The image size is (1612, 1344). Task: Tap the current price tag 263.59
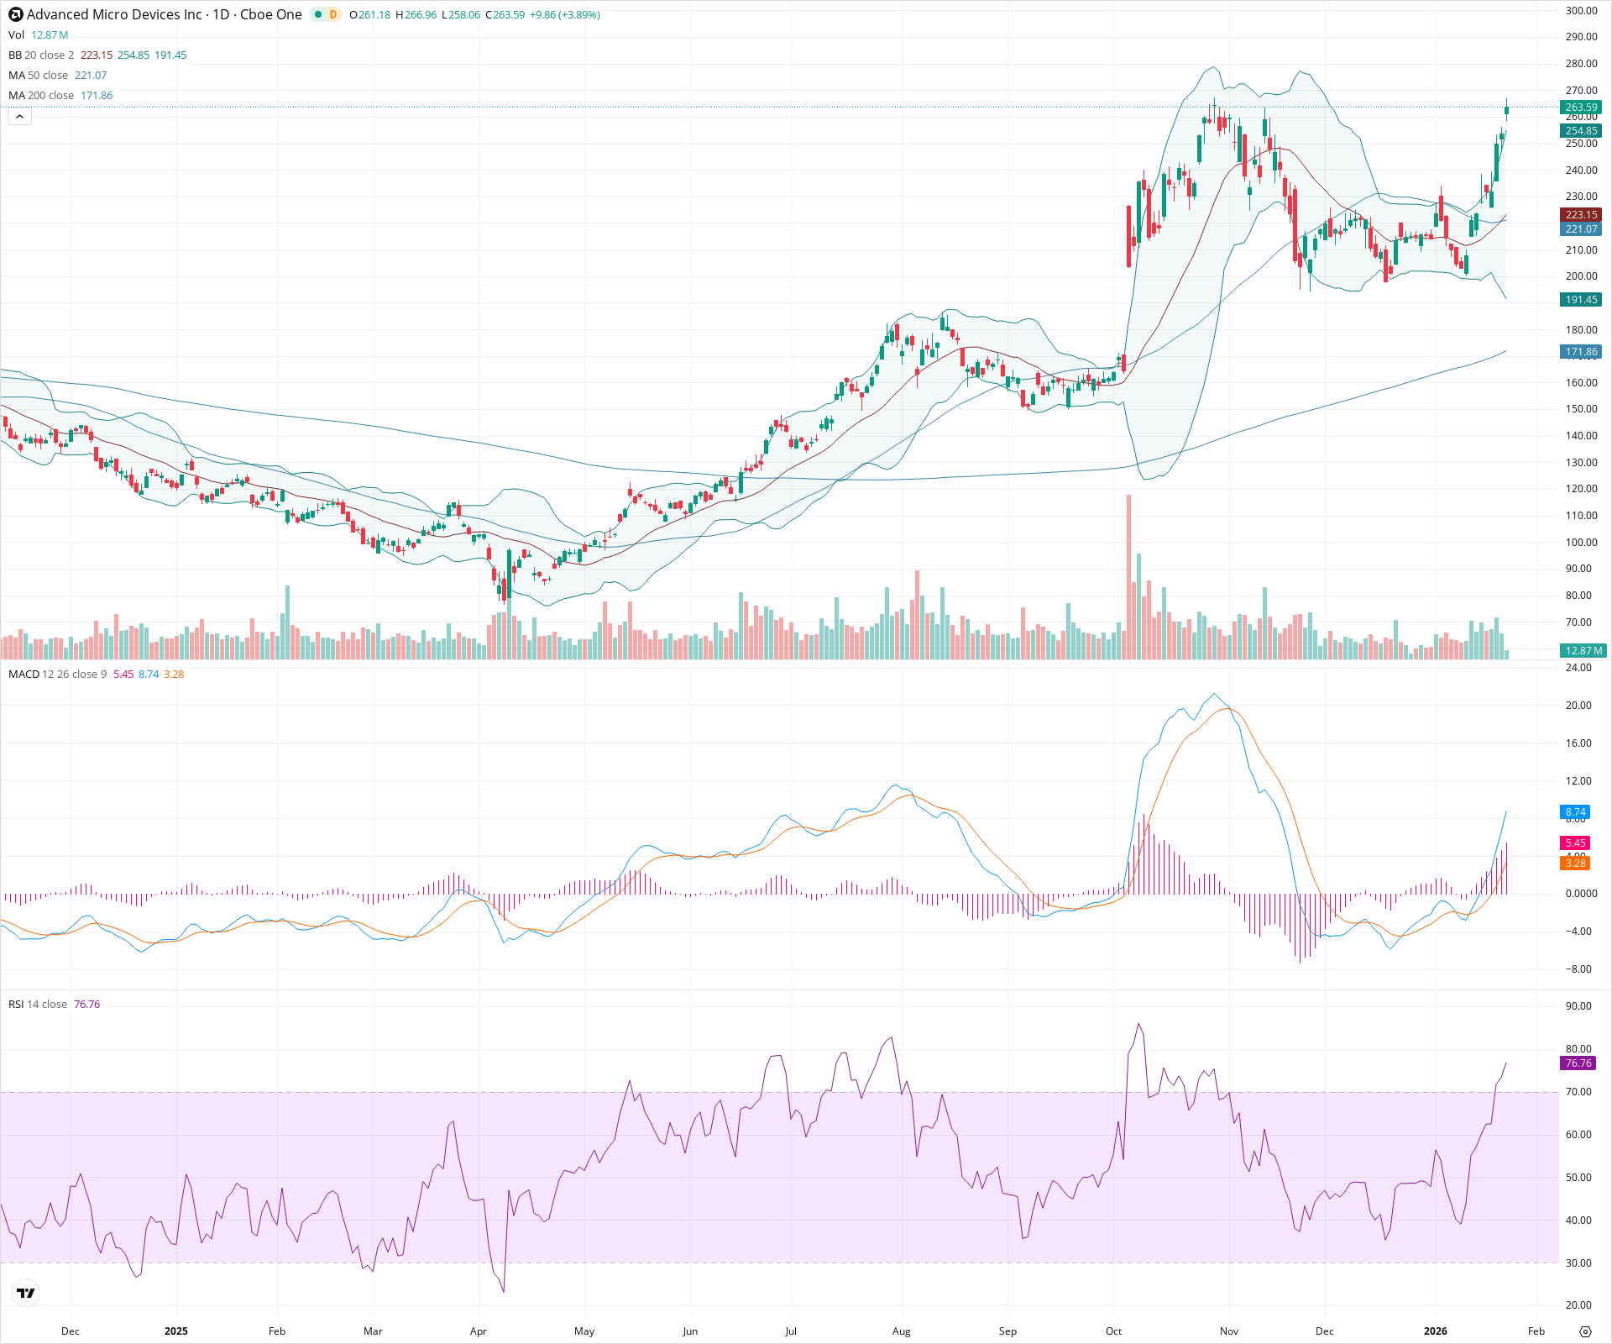(1581, 108)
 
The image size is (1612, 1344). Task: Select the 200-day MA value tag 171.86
(1581, 352)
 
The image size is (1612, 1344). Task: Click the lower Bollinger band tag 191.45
(1581, 300)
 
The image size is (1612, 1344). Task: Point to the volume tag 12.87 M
(1583, 651)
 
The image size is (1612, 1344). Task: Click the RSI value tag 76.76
(1578, 1063)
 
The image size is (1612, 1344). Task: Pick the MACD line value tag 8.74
(1575, 812)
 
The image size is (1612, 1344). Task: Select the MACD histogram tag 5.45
(1575, 843)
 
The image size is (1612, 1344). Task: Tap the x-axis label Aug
(901, 1331)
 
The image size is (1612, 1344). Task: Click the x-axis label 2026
(1435, 1331)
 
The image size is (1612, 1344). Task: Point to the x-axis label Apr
(478, 1331)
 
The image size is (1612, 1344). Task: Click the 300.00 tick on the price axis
(1581, 11)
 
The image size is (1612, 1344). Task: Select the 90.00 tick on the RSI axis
(1578, 1006)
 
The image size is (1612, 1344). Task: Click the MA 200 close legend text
(41, 96)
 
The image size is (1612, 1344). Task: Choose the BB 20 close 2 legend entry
(41, 55)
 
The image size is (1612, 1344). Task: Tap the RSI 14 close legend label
(38, 1005)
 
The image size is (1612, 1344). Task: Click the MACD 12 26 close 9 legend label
(57, 675)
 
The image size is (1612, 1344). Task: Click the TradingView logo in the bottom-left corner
(26, 1294)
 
